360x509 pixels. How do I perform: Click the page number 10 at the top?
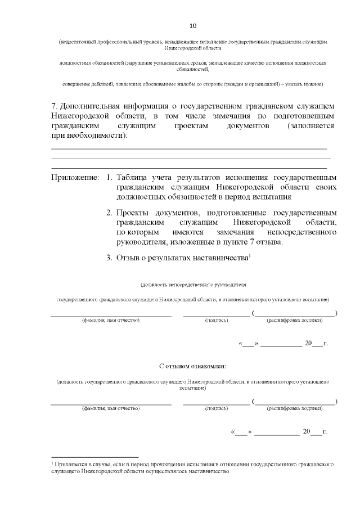click(193, 26)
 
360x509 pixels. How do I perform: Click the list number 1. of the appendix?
click(110, 178)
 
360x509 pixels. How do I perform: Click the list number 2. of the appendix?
click(110, 213)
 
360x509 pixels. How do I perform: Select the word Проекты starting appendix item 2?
click(135, 213)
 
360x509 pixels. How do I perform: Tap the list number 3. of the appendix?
click(110, 258)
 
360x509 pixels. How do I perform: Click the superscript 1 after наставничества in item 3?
click(249, 256)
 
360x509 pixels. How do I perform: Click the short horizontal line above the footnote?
click(94, 457)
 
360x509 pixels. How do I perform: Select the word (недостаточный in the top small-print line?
click(77, 43)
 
